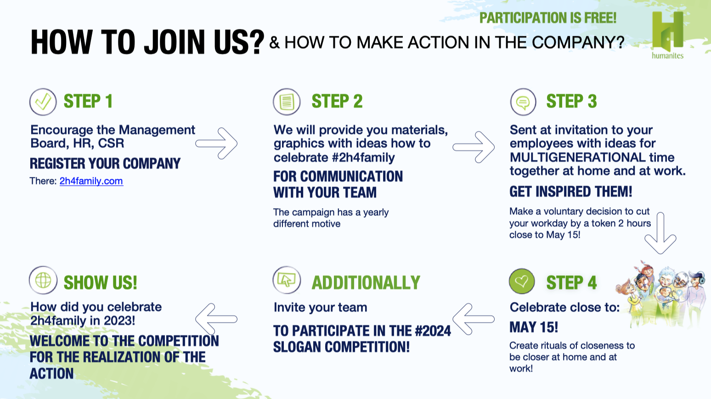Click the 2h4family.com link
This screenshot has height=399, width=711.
(x=91, y=181)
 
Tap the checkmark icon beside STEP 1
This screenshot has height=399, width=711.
(x=43, y=102)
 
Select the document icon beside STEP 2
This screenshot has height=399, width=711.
(x=287, y=102)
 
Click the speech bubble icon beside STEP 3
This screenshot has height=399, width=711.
(x=523, y=102)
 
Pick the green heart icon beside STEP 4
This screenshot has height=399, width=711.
(x=521, y=281)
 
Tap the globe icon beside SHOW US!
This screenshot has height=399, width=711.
(x=43, y=280)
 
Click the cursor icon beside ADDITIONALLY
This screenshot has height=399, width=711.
(x=287, y=280)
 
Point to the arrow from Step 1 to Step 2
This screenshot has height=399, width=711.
(x=216, y=143)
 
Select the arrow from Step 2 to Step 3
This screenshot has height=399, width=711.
(x=474, y=147)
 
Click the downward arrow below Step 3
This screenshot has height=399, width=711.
(x=660, y=234)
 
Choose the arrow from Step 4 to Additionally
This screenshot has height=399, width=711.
(x=473, y=319)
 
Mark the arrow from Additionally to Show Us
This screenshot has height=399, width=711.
(x=216, y=319)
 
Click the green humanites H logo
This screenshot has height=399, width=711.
(x=667, y=35)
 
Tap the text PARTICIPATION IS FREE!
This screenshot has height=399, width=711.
(x=548, y=18)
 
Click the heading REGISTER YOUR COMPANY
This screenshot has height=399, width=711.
(x=105, y=164)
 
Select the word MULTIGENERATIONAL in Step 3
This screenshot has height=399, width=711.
(x=577, y=157)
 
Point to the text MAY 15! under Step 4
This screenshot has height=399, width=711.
(x=534, y=327)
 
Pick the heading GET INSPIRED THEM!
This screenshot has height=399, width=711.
(x=571, y=192)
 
